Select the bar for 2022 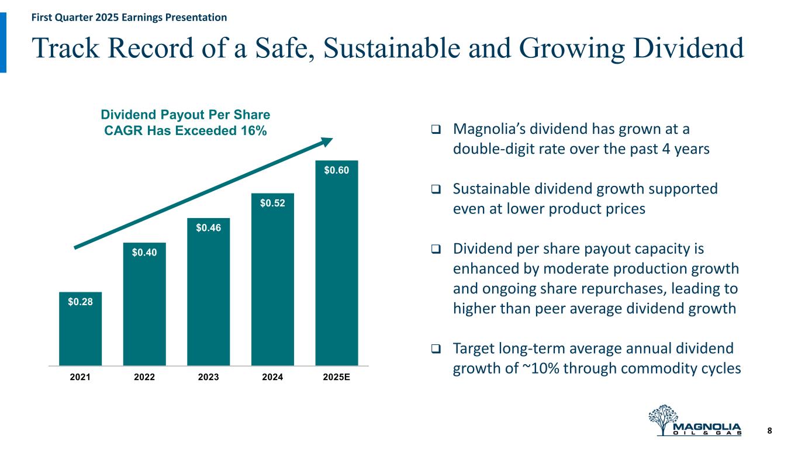(x=144, y=310)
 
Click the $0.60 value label (x=337, y=170)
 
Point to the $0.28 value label (x=80, y=302)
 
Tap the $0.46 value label (x=209, y=228)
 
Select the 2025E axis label (x=337, y=378)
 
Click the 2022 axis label (x=144, y=378)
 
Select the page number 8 (x=769, y=431)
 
